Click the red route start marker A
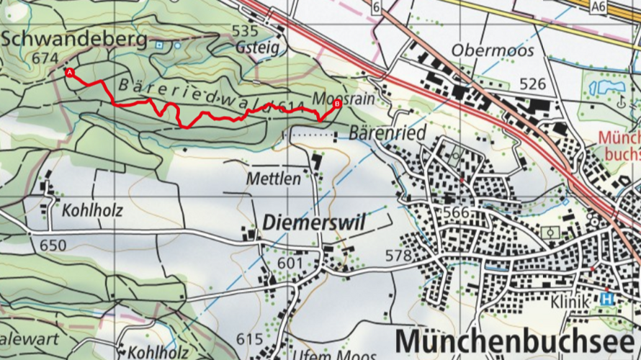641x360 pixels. tap(69, 73)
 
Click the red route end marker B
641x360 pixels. tap(336, 104)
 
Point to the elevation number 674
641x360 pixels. tap(45, 58)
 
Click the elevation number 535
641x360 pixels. tap(244, 30)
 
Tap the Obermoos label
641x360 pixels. tap(493, 50)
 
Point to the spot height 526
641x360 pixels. tap(532, 84)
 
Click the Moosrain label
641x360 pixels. tap(344, 98)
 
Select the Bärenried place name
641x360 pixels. tap(387, 133)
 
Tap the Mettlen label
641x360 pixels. tap(273, 179)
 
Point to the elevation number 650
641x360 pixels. tap(53, 246)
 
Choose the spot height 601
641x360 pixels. tap(290, 264)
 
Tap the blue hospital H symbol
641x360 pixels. tap(609, 299)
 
